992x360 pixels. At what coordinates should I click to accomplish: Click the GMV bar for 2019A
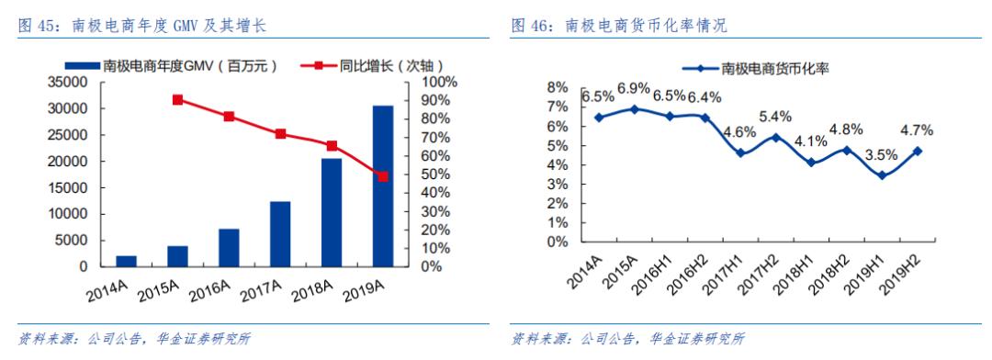pyautogui.click(x=383, y=186)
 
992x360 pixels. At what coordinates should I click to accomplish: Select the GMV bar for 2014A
pyautogui.click(x=127, y=261)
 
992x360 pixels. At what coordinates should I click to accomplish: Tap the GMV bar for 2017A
pyautogui.click(x=280, y=234)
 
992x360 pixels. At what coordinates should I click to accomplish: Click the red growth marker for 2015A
pyautogui.click(x=177, y=100)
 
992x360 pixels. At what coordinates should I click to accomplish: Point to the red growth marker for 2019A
pyautogui.click(x=383, y=176)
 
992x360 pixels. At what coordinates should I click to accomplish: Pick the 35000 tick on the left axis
pyautogui.click(x=70, y=83)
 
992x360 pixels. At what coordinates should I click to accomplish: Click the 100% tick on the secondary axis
pyautogui.click(x=439, y=83)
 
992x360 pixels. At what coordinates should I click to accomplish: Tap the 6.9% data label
pyautogui.click(x=634, y=88)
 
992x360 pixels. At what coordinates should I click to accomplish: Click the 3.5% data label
pyautogui.click(x=883, y=155)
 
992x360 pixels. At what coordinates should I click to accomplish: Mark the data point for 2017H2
pyautogui.click(x=776, y=138)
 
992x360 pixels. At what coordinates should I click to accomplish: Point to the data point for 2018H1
pyautogui.click(x=811, y=163)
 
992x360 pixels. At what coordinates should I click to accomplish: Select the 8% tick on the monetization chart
pyautogui.click(x=558, y=87)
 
